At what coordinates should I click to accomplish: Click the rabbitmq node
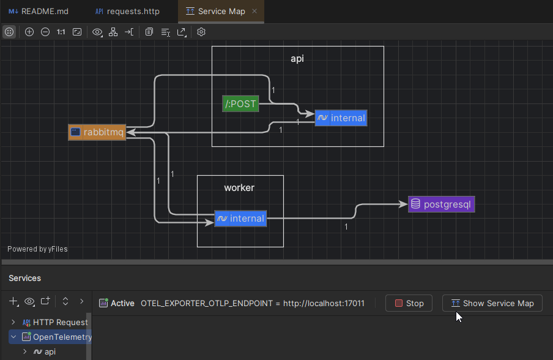[x=97, y=132]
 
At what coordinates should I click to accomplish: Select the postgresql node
[x=441, y=204]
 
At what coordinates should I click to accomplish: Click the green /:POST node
[x=240, y=104]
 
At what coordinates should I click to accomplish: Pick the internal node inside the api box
[x=341, y=118]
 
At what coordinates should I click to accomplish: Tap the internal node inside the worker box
[x=240, y=219]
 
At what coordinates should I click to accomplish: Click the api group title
[x=297, y=59]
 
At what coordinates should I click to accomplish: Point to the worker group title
[x=239, y=187]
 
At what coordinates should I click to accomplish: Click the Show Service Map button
[x=492, y=303]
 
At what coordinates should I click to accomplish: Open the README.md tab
[x=39, y=11]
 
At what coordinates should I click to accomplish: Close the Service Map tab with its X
[x=254, y=11]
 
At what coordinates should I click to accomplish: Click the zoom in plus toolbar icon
[x=29, y=32]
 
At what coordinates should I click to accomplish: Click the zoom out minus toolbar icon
[x=45, y=32]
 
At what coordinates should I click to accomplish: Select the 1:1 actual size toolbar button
[x=61, y=32]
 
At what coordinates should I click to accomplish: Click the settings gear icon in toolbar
[x=201, y=32]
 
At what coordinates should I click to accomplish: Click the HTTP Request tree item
[x=60, y=322]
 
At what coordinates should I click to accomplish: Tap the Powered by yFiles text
[x=37, y=249]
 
